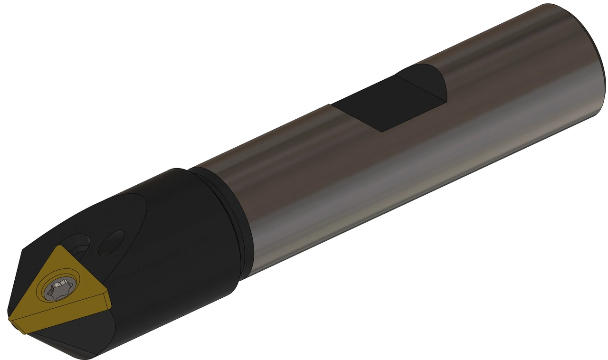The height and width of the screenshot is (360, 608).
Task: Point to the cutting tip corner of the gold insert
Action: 10,319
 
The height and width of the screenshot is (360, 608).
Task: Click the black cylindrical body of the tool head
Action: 180,247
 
